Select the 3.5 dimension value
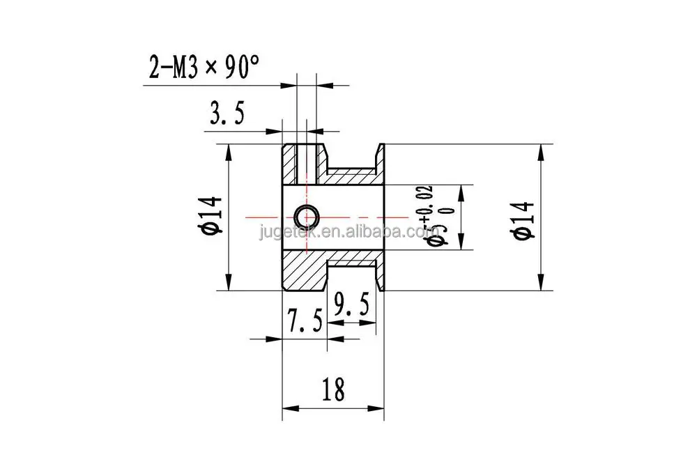pos(224,113)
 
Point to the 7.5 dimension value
pos(305,322)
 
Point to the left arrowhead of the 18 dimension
pos(287,408)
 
